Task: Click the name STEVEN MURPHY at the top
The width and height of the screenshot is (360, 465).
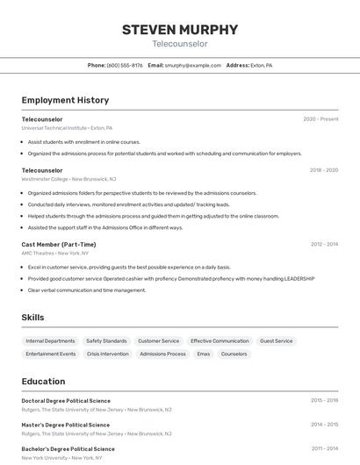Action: (x=179, y=29)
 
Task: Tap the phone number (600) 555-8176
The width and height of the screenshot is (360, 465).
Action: (x=125, y=65)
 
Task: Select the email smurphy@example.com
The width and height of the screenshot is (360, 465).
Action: (x=192, y=65)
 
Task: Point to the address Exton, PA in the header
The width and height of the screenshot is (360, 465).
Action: (x=261, y=65)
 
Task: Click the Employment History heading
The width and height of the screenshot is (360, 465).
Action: (x=65, y=100)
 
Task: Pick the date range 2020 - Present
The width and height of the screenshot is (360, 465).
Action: (x=320, y=119)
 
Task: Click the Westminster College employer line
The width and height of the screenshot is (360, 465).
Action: (x=68, y=178)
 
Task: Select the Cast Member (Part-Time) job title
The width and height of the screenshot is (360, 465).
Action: (x=59, y=245)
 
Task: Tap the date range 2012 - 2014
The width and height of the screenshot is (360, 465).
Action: (x=323, y=245)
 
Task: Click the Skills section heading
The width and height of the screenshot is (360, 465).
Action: (x=32, y=318)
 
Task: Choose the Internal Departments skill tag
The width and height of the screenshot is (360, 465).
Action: (x=50, y=340)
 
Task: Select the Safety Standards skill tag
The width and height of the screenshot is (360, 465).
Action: (x=106, y=340)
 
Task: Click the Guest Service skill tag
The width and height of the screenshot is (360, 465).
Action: (x=276, y=340)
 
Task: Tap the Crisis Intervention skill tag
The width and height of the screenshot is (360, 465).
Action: (x=108, y=354)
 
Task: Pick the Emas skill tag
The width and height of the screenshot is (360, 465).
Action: (x=203, y=354)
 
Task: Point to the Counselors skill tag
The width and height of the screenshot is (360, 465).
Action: (x=234, y=354)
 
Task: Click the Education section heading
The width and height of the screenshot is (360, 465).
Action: (x=43, y=382)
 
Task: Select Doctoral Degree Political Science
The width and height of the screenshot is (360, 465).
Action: (x=66, y=401)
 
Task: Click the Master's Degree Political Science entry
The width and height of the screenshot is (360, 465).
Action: (x=66, y=425)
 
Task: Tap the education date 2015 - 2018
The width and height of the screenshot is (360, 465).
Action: (x=323, y=401)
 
